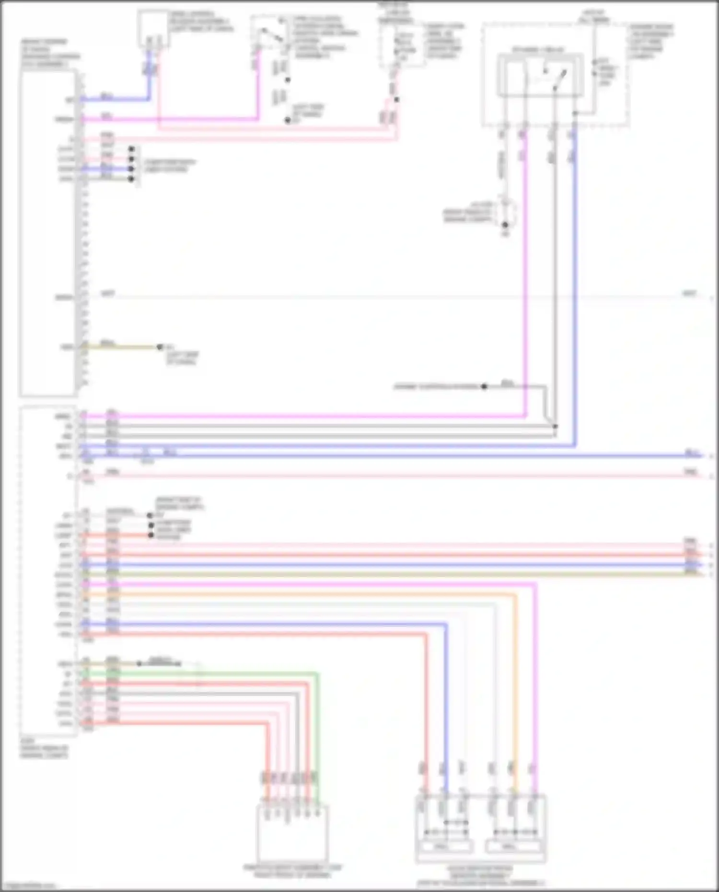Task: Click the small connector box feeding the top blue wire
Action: (x=153, y=30)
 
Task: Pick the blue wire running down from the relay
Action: (x=575, y=288)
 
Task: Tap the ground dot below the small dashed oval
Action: (x=505, y=225)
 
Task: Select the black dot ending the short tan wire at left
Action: (x=160, y=347)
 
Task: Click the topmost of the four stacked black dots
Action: (x=131, y=149)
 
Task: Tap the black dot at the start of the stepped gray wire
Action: (x=484, y=386)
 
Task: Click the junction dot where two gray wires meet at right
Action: (x=555, y=426)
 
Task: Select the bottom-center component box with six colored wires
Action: (x=292, y=834)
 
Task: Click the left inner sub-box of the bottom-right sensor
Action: (x=445, y=847)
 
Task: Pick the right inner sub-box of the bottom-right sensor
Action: (x=515, y=847)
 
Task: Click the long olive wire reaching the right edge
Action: (x=383, y=574)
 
